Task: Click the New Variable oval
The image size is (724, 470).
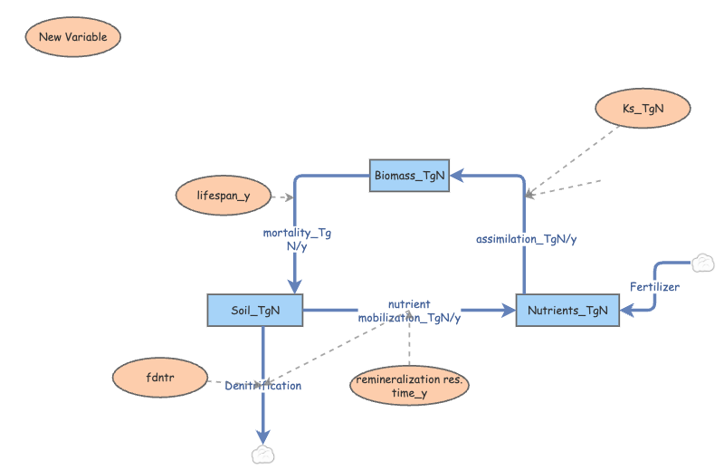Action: (x=72, y=37)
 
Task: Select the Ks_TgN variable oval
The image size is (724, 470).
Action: (x=643, y=109)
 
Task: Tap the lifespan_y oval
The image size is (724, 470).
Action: (x=224, y=197)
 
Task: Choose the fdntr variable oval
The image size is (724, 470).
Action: (x=160, y=379)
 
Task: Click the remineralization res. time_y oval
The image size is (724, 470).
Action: (x=409, y=386)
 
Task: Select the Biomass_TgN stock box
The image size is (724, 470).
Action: (x=409, y=176)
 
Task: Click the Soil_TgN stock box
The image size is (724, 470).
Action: (x=255, y=311)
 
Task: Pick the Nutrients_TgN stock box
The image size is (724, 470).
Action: (x=567, y=311)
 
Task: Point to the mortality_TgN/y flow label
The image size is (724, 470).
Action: (x=297, y=239)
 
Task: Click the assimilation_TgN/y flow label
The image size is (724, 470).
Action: (x=527, y=239)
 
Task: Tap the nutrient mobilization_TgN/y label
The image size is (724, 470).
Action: (x=409, y=311)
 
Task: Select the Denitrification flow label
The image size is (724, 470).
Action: (x=262, y=386)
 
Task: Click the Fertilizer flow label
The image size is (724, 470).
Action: (x=654, y=287)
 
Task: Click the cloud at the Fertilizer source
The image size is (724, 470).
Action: (x=701, y=264)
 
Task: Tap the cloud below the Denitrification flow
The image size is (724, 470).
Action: (x=262, y=454)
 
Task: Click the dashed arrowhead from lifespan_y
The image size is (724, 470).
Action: (x=289, y=197)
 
